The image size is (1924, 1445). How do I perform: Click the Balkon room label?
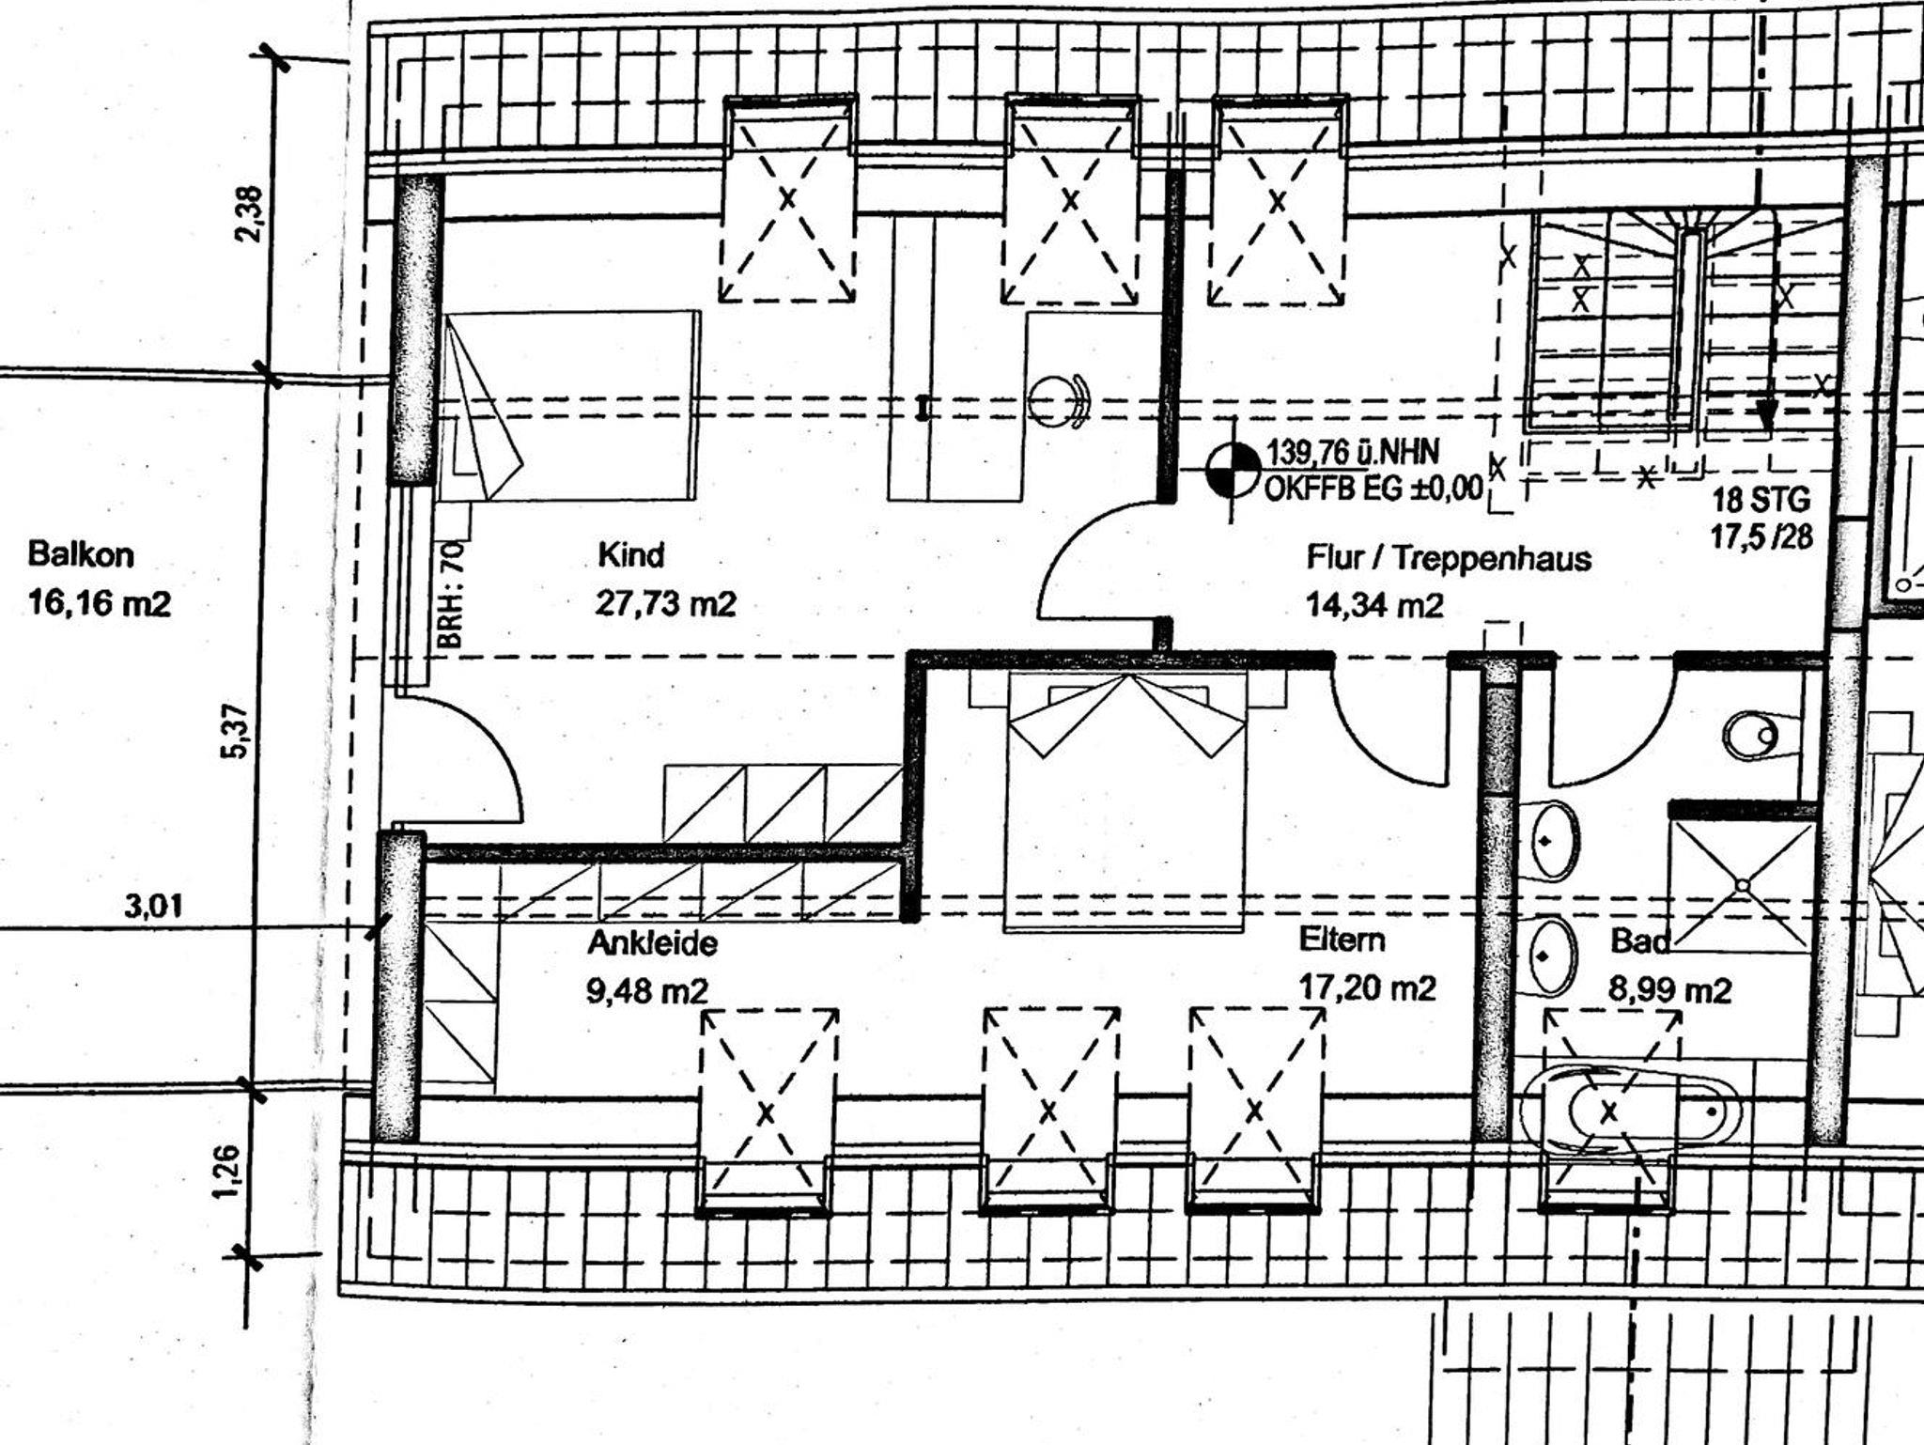(x=81, y=554)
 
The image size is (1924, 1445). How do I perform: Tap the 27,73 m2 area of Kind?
(x=666, y=603)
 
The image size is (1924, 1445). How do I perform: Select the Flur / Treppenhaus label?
(x=1449, y=558)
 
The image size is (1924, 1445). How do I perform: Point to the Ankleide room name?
(x=652, y=942)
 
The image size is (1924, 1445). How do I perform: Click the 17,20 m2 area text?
(x=1367, y=987)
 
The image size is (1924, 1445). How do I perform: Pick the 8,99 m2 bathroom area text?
(x=1670, y=990)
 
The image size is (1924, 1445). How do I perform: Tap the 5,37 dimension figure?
(x=237, y=731)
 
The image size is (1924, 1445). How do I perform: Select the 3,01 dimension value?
(x=154, y=907)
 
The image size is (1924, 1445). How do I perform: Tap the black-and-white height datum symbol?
(x=1233, y=469)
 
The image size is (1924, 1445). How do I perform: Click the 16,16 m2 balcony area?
(x=100, y=602)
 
